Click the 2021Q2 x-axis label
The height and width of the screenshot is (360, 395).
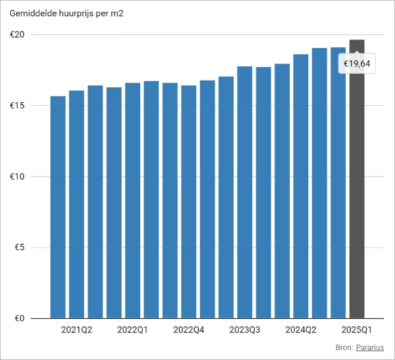click(76, 330)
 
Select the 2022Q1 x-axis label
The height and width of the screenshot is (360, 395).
click(132, 330)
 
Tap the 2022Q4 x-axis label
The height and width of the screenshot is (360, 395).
click(188, 330)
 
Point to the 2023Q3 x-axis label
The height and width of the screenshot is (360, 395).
click(245, 330)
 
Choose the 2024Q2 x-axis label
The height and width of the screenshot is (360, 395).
click(301, 330)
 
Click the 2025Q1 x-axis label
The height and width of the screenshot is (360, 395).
click(357, 330)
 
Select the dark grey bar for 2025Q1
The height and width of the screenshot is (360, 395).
click(357, 185)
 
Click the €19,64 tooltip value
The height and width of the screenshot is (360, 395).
click(357, 63)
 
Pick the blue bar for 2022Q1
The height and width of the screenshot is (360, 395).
click(132, 203)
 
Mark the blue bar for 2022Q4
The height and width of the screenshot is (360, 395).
click(188, 203)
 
